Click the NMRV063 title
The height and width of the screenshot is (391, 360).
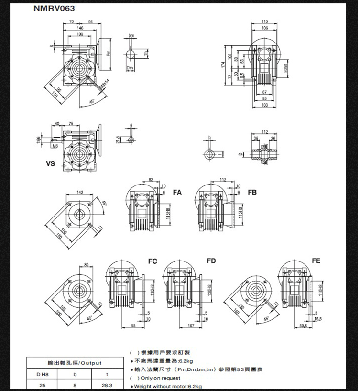(54, 8)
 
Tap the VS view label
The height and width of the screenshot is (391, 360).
(50, 163)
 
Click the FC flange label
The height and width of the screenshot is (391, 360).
(153, 261)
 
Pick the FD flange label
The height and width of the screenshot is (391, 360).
(211, 261)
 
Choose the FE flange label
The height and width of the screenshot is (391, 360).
(316, 261)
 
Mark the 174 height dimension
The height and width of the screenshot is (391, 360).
(223, 65)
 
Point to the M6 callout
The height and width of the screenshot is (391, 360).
(55, 146)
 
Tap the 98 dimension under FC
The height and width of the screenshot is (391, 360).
(132, 326)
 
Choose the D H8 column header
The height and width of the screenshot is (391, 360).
(42, 374)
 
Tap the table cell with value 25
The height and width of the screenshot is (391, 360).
(42, 385)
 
